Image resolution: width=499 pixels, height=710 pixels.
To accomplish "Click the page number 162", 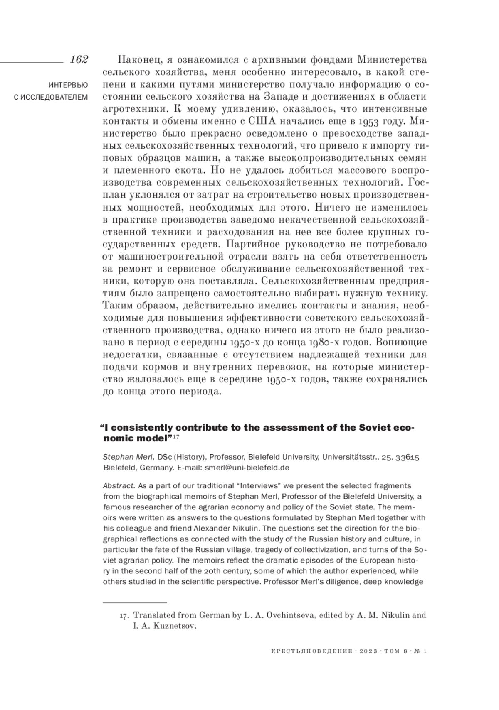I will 79,59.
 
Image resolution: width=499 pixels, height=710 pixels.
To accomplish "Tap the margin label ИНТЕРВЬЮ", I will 68,86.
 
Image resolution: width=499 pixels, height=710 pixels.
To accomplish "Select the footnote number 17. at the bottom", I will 124,615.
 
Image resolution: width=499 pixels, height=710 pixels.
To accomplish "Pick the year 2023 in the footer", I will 367,651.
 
